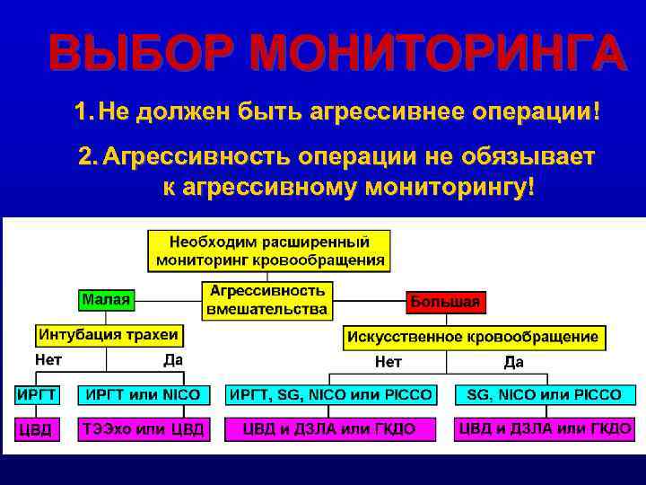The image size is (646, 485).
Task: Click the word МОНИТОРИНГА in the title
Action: pos(437,53)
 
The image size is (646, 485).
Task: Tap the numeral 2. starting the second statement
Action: pos(88,157)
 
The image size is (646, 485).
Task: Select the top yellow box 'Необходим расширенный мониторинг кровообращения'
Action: pos(269,251)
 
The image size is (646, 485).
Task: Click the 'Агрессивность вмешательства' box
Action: pos(266,300)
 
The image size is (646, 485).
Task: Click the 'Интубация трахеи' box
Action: pos(109,335)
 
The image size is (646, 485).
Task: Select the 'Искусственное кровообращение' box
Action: pos(474,338)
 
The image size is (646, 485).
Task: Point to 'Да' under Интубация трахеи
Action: pos(172,360)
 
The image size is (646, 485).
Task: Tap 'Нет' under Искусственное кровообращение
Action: pos(388,362)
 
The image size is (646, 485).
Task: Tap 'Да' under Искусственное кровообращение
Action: pos(514,362)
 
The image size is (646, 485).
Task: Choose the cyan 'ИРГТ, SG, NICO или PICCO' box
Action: pos(330,394)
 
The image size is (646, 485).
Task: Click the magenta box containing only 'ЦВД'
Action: pos(37,429)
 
